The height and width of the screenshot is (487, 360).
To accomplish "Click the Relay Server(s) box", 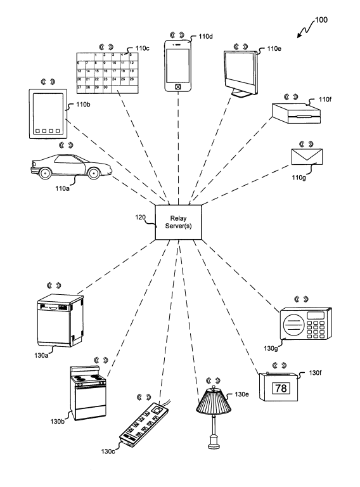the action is pyautogui.click(x=179, y=222).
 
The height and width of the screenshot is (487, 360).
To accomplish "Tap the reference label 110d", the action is pyautogui.click(x=206, y=37).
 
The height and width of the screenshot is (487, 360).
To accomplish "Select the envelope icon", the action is pyautogui.click(x=307, y=157).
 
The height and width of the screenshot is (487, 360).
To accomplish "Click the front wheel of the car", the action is pyautogui.click(x=94, y=172).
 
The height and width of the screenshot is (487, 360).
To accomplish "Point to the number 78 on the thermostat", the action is pyautogui.click(x=281, y=388).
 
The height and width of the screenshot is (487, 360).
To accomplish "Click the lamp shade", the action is pyautogui.click(x=214, y=401).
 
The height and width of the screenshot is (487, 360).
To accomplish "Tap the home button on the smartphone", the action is pyautogui.click(x=177, y=87).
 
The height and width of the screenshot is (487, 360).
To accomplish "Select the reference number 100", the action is pyautogui.click(x=321, y=20).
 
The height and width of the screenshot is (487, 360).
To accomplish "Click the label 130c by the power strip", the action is pyautogui.click(x=108, y=451).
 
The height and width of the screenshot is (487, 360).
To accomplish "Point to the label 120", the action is pyautogui.click(x=140, y=218).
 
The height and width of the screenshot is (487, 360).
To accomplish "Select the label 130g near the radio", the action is pyautogui.click(x=271, y=349).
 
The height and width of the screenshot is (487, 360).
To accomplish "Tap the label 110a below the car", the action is pyautogui.click(x=62, y=188).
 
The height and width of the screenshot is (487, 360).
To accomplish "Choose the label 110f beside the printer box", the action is pyautogui.click(x=325, y=100).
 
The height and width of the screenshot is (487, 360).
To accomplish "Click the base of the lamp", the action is pyautogui.click(x=214, y=442).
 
